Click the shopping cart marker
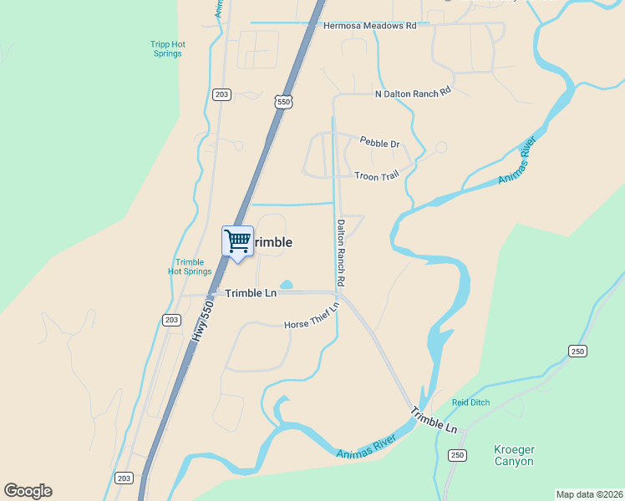[x=237, y=242]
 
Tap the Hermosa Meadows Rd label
[x=369, y=26]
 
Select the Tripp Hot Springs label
[x=165, y=48]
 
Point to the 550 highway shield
[x=285, y=101]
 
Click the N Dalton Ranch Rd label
[x=413, y=94]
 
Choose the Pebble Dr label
[x=379, y=144]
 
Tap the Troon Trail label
[x=378, y=176]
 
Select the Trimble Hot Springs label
[x=190, y=267]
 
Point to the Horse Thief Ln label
[x=312, y=317]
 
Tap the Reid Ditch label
[x=471, y=403]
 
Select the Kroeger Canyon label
[x=514, y=455]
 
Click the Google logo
[x=28, y=491]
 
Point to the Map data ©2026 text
[x=589, y=494]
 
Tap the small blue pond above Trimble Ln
[x=286, y=285]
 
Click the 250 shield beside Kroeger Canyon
[x=456, y=455]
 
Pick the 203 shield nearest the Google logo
[x=124, y=478]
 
